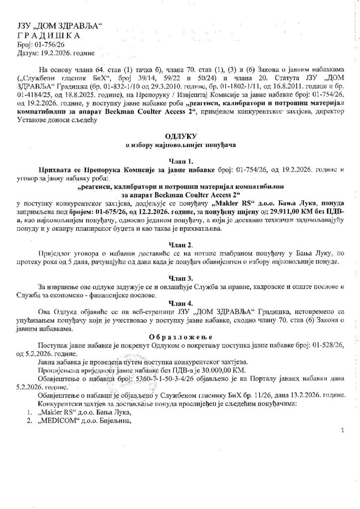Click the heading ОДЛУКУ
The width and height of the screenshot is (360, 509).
[180, 135]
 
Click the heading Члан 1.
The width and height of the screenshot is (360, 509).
[180, 161]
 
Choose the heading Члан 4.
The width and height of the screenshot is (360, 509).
[180, 303]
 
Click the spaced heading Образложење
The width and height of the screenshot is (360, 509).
[180, 336]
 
